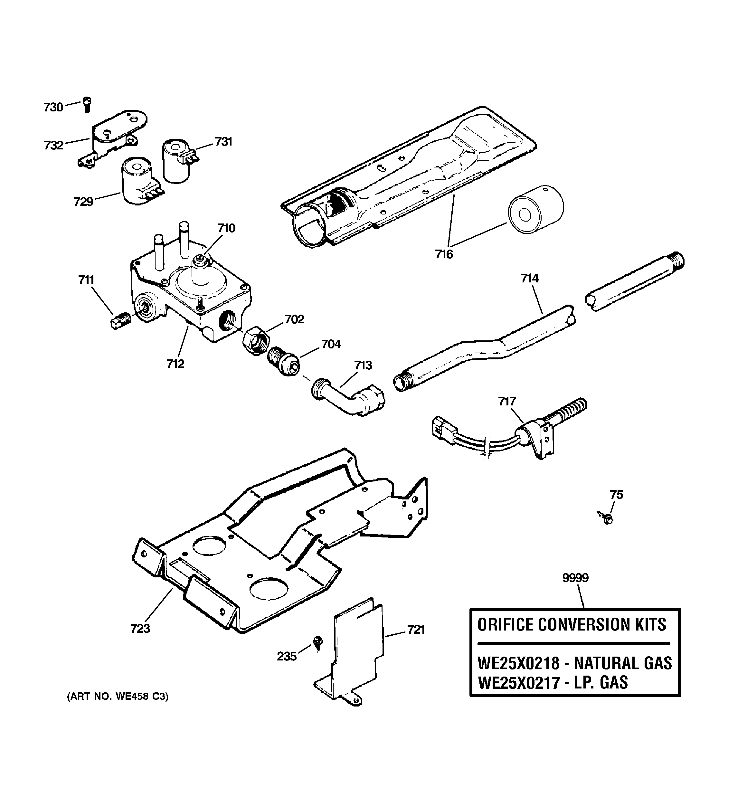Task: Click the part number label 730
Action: (x=53, y=108)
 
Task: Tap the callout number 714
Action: (x=529, y=278)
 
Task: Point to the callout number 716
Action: (x=444, y=254)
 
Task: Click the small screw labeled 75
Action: (x=607, y=518)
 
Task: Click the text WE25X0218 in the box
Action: (x=518, y=663)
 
